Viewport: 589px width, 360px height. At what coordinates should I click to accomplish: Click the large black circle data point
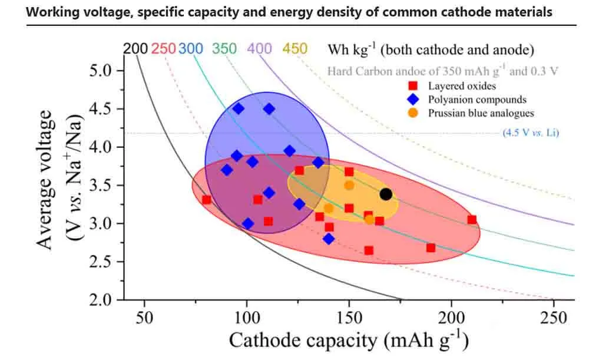click(x=386, y=194)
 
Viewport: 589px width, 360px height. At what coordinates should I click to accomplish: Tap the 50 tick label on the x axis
click(x=144, y=318)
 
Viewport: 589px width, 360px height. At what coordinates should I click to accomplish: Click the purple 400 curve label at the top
click(x=259, y=48)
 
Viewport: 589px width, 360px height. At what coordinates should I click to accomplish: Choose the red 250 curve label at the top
click(x=163, y=49)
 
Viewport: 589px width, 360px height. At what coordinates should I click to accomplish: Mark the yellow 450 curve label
click(x=294, y=48)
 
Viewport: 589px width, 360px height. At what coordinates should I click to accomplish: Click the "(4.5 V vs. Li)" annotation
click(x=530, y=133)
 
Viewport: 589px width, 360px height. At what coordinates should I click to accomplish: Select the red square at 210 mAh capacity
click(x=472, y=220)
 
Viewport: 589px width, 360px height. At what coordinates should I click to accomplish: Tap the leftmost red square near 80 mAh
click(x=206, y=200)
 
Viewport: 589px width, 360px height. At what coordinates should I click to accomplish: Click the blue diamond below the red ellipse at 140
click(x=329, y=239)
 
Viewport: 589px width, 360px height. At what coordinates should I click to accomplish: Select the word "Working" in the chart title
click(x=52, y=12)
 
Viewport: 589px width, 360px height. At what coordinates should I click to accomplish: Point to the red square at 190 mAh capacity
click(x=431, y=247)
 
